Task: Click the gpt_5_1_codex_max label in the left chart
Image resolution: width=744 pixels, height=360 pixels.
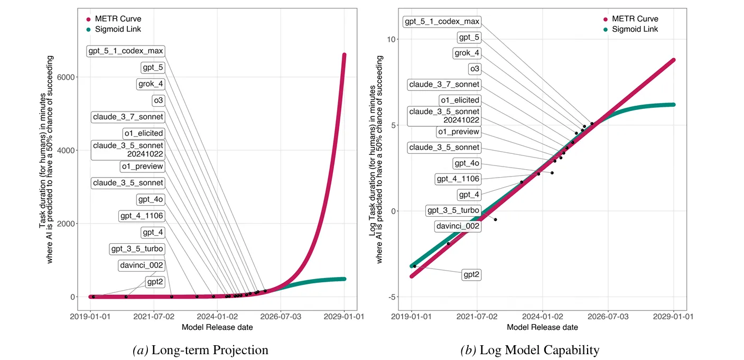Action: tap(126, 51)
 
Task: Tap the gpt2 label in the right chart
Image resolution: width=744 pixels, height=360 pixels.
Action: tap(472, 274)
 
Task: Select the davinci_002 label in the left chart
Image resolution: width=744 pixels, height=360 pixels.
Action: tap(141, 265)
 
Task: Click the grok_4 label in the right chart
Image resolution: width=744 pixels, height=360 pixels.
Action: tap(467, 53)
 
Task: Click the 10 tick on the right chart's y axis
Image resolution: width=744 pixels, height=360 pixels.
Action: tap(391, 39)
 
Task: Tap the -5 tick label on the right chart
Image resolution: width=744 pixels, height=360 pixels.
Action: tap(392, 297)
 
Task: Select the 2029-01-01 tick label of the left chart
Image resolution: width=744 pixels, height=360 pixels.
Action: tap(345, 317)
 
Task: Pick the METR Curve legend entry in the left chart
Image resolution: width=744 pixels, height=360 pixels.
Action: tap(117, 19)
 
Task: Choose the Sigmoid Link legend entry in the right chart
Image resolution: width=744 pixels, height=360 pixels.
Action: tap(635, 29)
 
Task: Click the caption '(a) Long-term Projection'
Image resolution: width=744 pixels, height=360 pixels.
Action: tap(200, 350)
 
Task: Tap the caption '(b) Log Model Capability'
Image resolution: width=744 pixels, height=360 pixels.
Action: tap(530, 350)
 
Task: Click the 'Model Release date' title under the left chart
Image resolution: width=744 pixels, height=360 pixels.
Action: tap(217, 327)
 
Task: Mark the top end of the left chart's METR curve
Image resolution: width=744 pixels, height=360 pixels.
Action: tap(344, 54)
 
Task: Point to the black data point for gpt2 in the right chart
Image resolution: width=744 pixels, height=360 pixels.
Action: tap(415, 266)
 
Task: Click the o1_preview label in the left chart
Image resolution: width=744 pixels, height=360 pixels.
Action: tap(142, 167)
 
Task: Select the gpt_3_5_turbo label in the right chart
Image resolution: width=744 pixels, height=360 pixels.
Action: tap(453, 210)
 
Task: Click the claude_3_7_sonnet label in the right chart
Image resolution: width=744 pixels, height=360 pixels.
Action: tap(444, 84)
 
